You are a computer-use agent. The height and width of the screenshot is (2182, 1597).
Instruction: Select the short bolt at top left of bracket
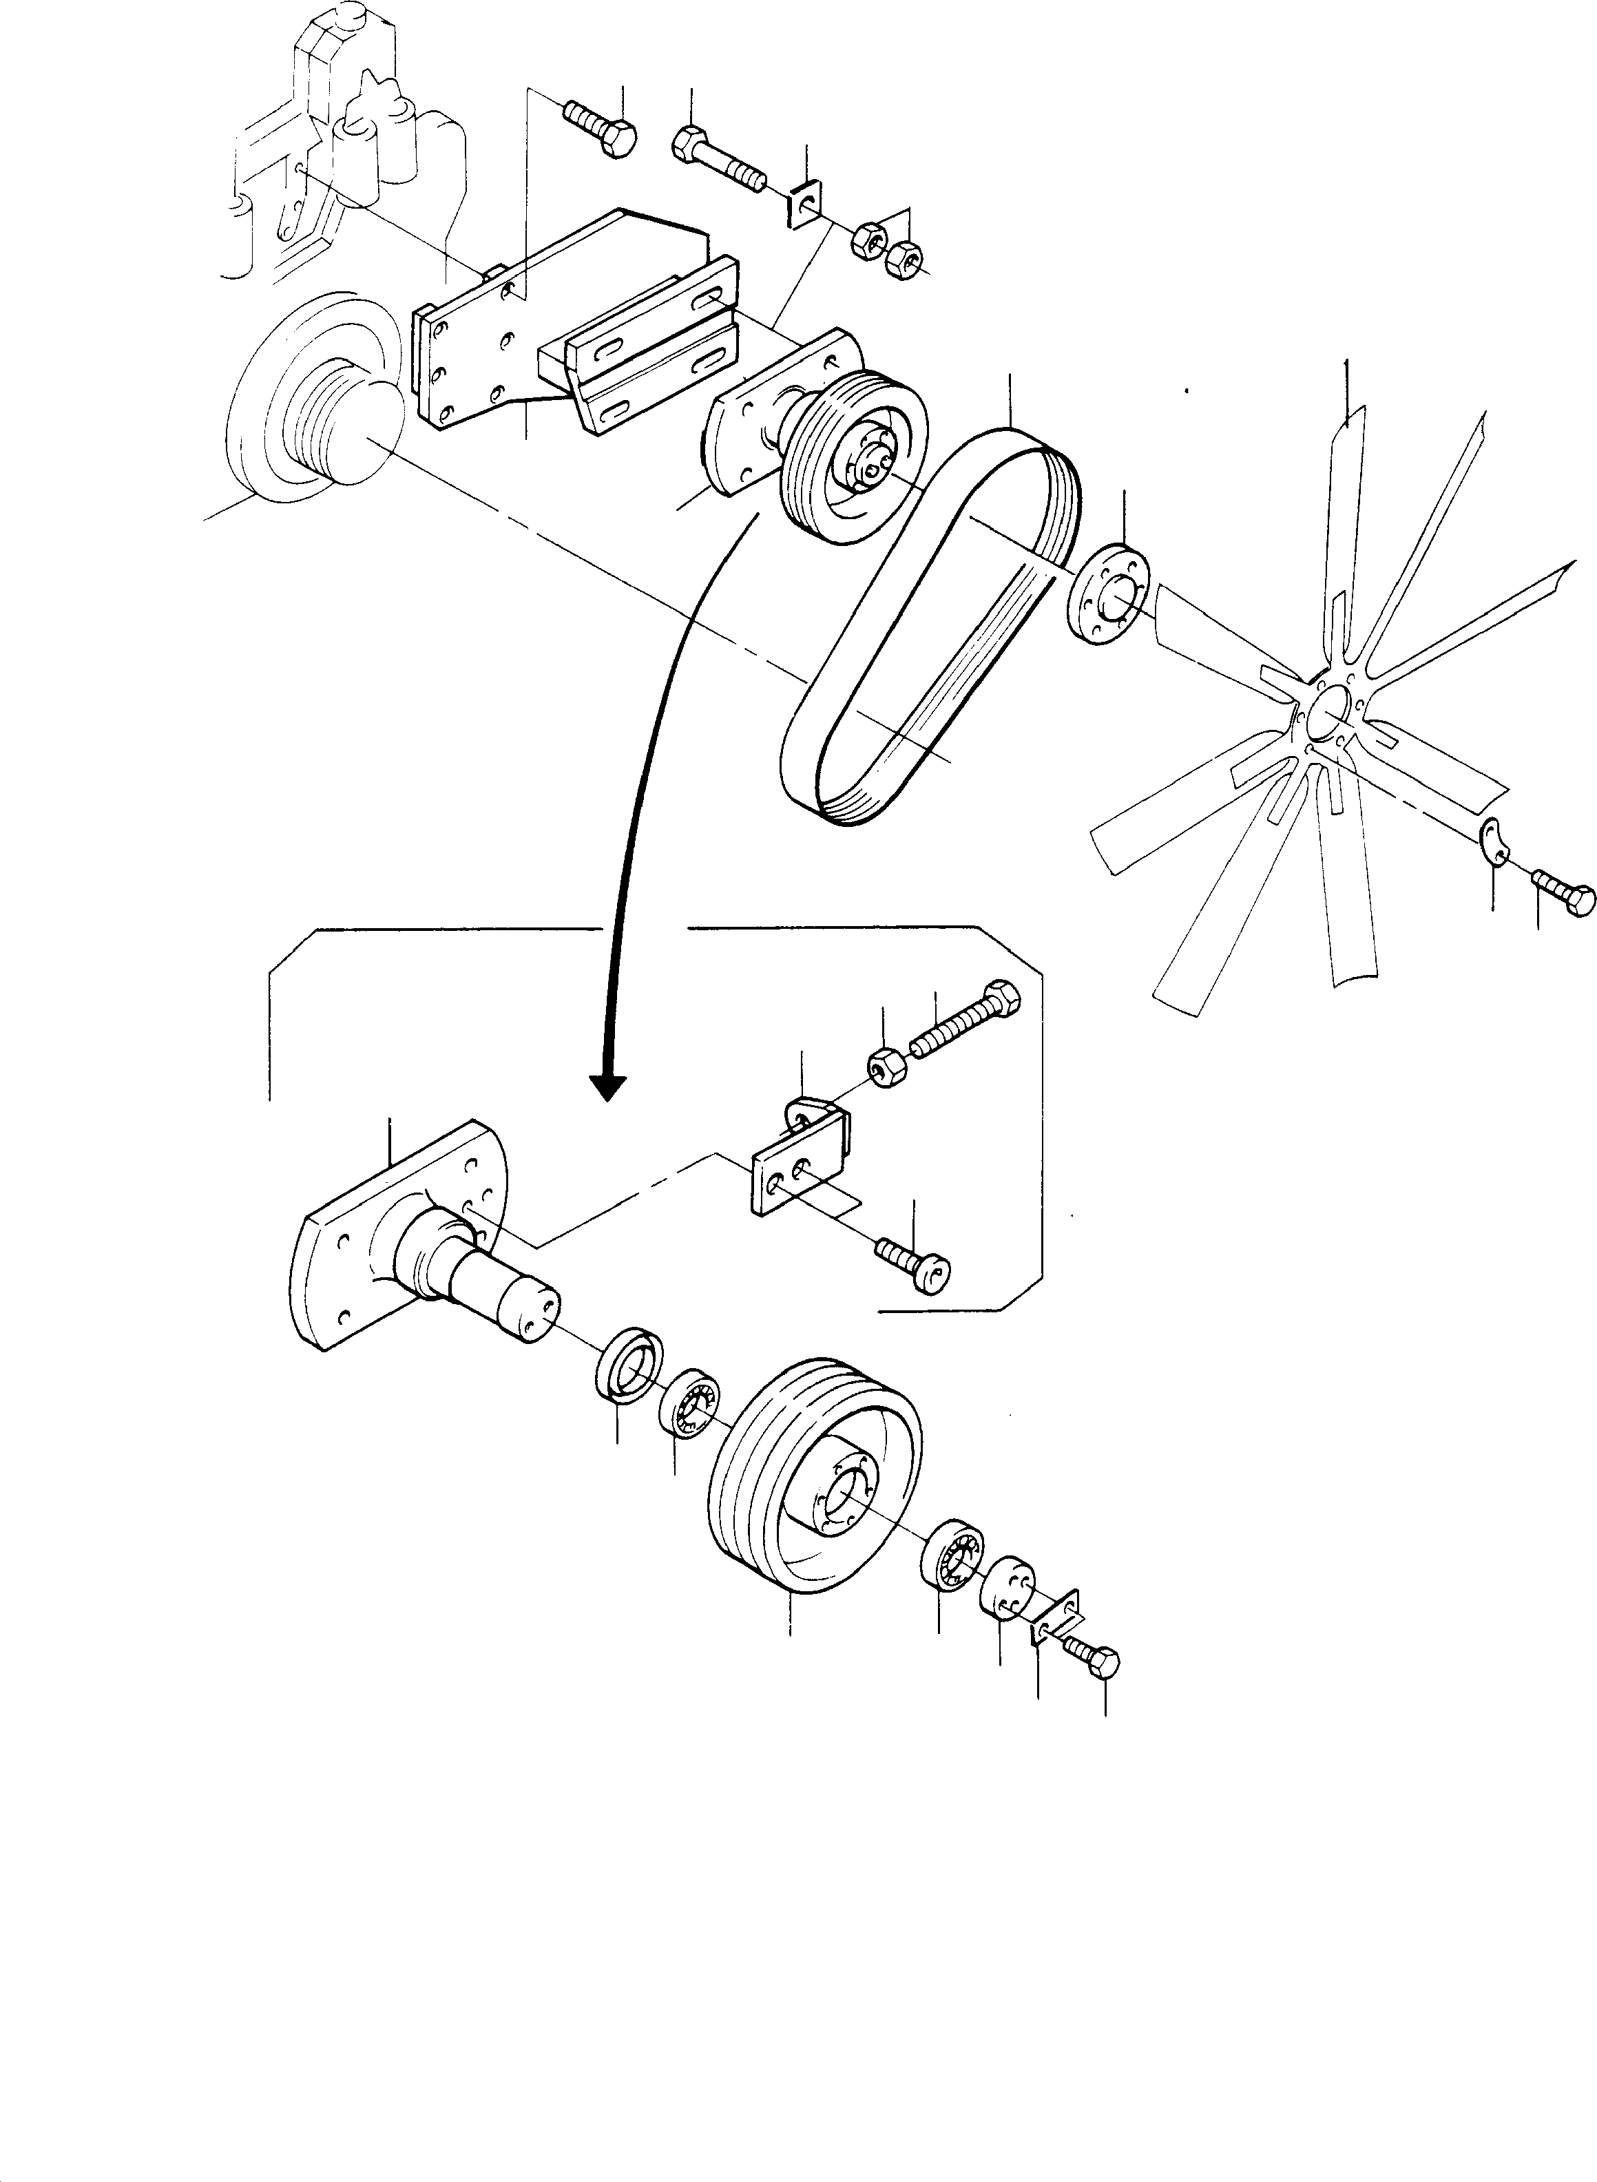(601, 129)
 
